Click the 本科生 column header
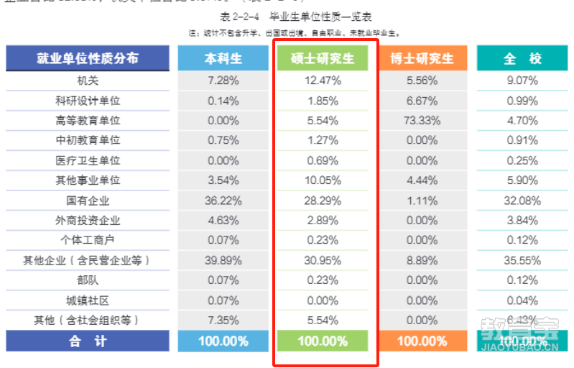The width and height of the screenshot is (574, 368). pos(223,58)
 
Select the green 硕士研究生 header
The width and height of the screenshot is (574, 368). pos(323,58)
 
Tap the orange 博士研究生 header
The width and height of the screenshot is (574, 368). pos(422,58)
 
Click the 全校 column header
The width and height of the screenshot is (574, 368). pos(521,58)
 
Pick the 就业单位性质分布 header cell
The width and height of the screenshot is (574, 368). pos(88,58)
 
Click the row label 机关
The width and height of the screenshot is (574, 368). pos(88,80)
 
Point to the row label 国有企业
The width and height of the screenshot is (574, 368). pos(88,201)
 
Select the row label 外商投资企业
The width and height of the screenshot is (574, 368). pos(88,221)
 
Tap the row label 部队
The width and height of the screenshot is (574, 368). pos(88,280)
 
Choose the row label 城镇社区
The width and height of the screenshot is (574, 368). pos(88,300)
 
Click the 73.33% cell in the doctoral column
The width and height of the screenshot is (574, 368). pos(422,121)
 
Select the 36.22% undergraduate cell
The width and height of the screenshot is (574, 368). pos(223,201)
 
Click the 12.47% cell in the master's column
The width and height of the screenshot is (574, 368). pos(323,80)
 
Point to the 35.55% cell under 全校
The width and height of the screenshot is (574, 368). pos(521,260)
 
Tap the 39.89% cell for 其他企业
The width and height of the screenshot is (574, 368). pos(223,260)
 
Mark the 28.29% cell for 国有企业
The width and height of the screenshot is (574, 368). pos(323,201)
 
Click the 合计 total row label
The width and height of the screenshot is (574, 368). pos(88,341)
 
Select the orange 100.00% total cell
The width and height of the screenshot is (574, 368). pos(422,341)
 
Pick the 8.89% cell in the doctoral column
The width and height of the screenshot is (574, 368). pos(422,260)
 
